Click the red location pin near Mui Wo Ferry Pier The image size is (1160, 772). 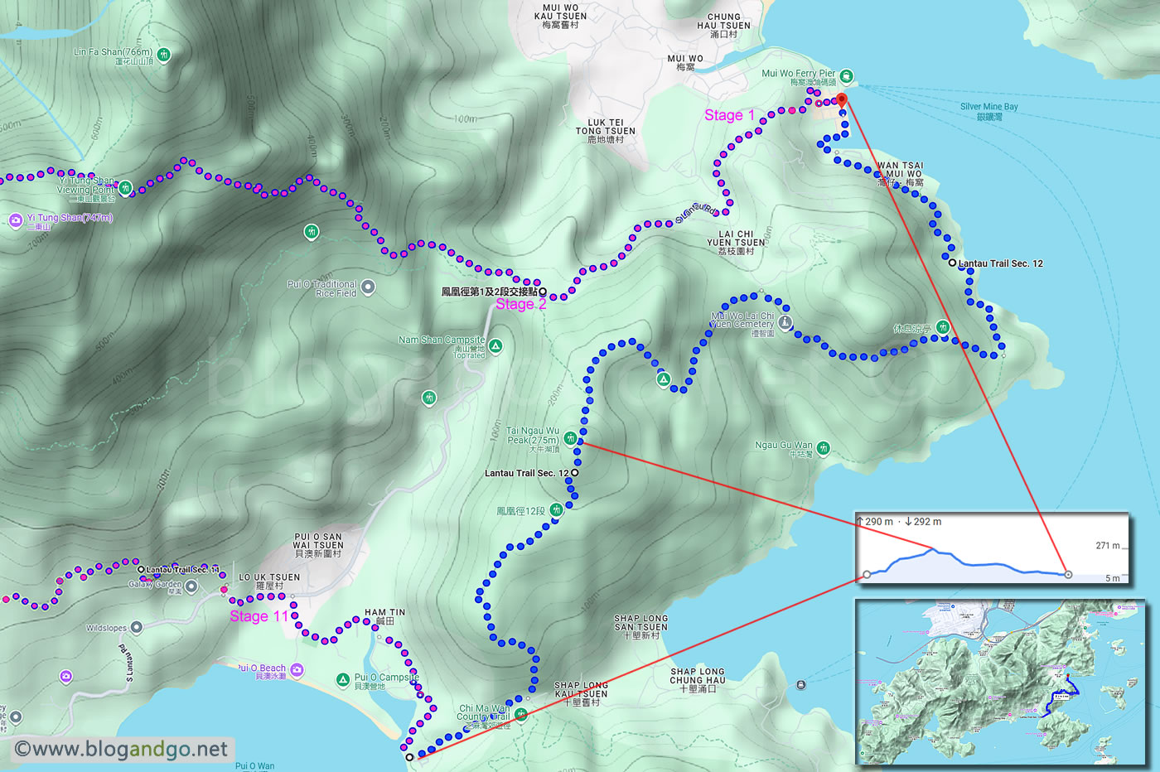pyautogui.click(x=842, y=100)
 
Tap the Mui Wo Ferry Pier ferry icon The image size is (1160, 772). pyautogui.click(x=846, y=77)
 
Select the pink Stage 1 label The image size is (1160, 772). pyautogui.click(x=729, y=115)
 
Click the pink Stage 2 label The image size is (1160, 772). pyautogui.click(x=520, y=304)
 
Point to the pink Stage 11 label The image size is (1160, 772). pyautogui.click(x=259, y=616)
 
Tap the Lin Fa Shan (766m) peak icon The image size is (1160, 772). pyautogui.click(x=164, y=55)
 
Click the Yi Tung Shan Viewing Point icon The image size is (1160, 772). pyautogui.click(x=125, y=188)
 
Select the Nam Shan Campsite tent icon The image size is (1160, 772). pyautogui.click(x=495, y=345)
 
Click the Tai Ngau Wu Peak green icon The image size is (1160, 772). pyautogui.click(x=570, y=438)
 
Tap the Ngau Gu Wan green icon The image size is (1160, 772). pyautogui.click(x=823, y=448)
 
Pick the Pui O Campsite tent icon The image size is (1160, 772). pyautogui.click(x=342, y=680)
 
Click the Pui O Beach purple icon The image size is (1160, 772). pyautogui.click(x=297, y=669)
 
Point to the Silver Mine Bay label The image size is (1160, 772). pyautogui.click(x=988, y=111)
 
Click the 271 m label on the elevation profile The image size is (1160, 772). pyautogui.click(x=1107, y=545)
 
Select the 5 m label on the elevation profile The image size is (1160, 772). pyautogui.click(x=1112, y=578)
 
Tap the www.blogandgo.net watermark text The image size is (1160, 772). pyautogui.click(x=122, y=750)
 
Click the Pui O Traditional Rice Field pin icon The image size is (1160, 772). pyautogui.click(x=368, y=287)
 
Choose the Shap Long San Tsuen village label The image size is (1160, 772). pyautogui.click(x=640, y=626)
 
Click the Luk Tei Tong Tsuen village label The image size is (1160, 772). pyautogui.click(x=606, y=131)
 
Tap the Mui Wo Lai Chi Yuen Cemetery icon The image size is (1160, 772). pyautogui.click(x=785, y=322)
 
